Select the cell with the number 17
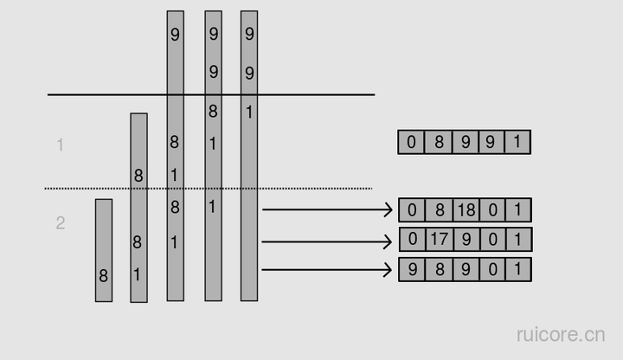pyautogui.click(x=439, y=239)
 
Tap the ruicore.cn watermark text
pyautogui.click(x=561, y=334)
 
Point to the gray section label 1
pyautogui.click(x=60, y=145)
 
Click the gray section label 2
pyautogui.click(x=60, y=223)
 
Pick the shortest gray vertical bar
pyautogui.click(x=104, y=250)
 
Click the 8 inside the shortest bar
pyautogui.click(x=104, y=277)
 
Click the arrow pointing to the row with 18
pyautogui.click(x=327, y=209)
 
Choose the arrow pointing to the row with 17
pyautogui.click(x=327, y=242)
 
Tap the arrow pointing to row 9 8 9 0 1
pyautogui.click(x=327, y=270)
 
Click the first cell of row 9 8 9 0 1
pyautogui.click(x=412, y=269)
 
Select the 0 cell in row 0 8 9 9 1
pyautogui.click(x=412, y=142)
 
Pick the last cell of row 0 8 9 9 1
pyautogui.click(x=517, y=142)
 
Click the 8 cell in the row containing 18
pyautogui.click(x=439, y=209)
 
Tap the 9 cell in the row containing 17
pyautogui.click(x=466, y=239)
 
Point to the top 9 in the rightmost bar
pyautogui.click(x=249, y=35)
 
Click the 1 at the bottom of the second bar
pyautogui.click(x=138, y=275)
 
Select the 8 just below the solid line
pyautogui.click(x=213, y=111)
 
